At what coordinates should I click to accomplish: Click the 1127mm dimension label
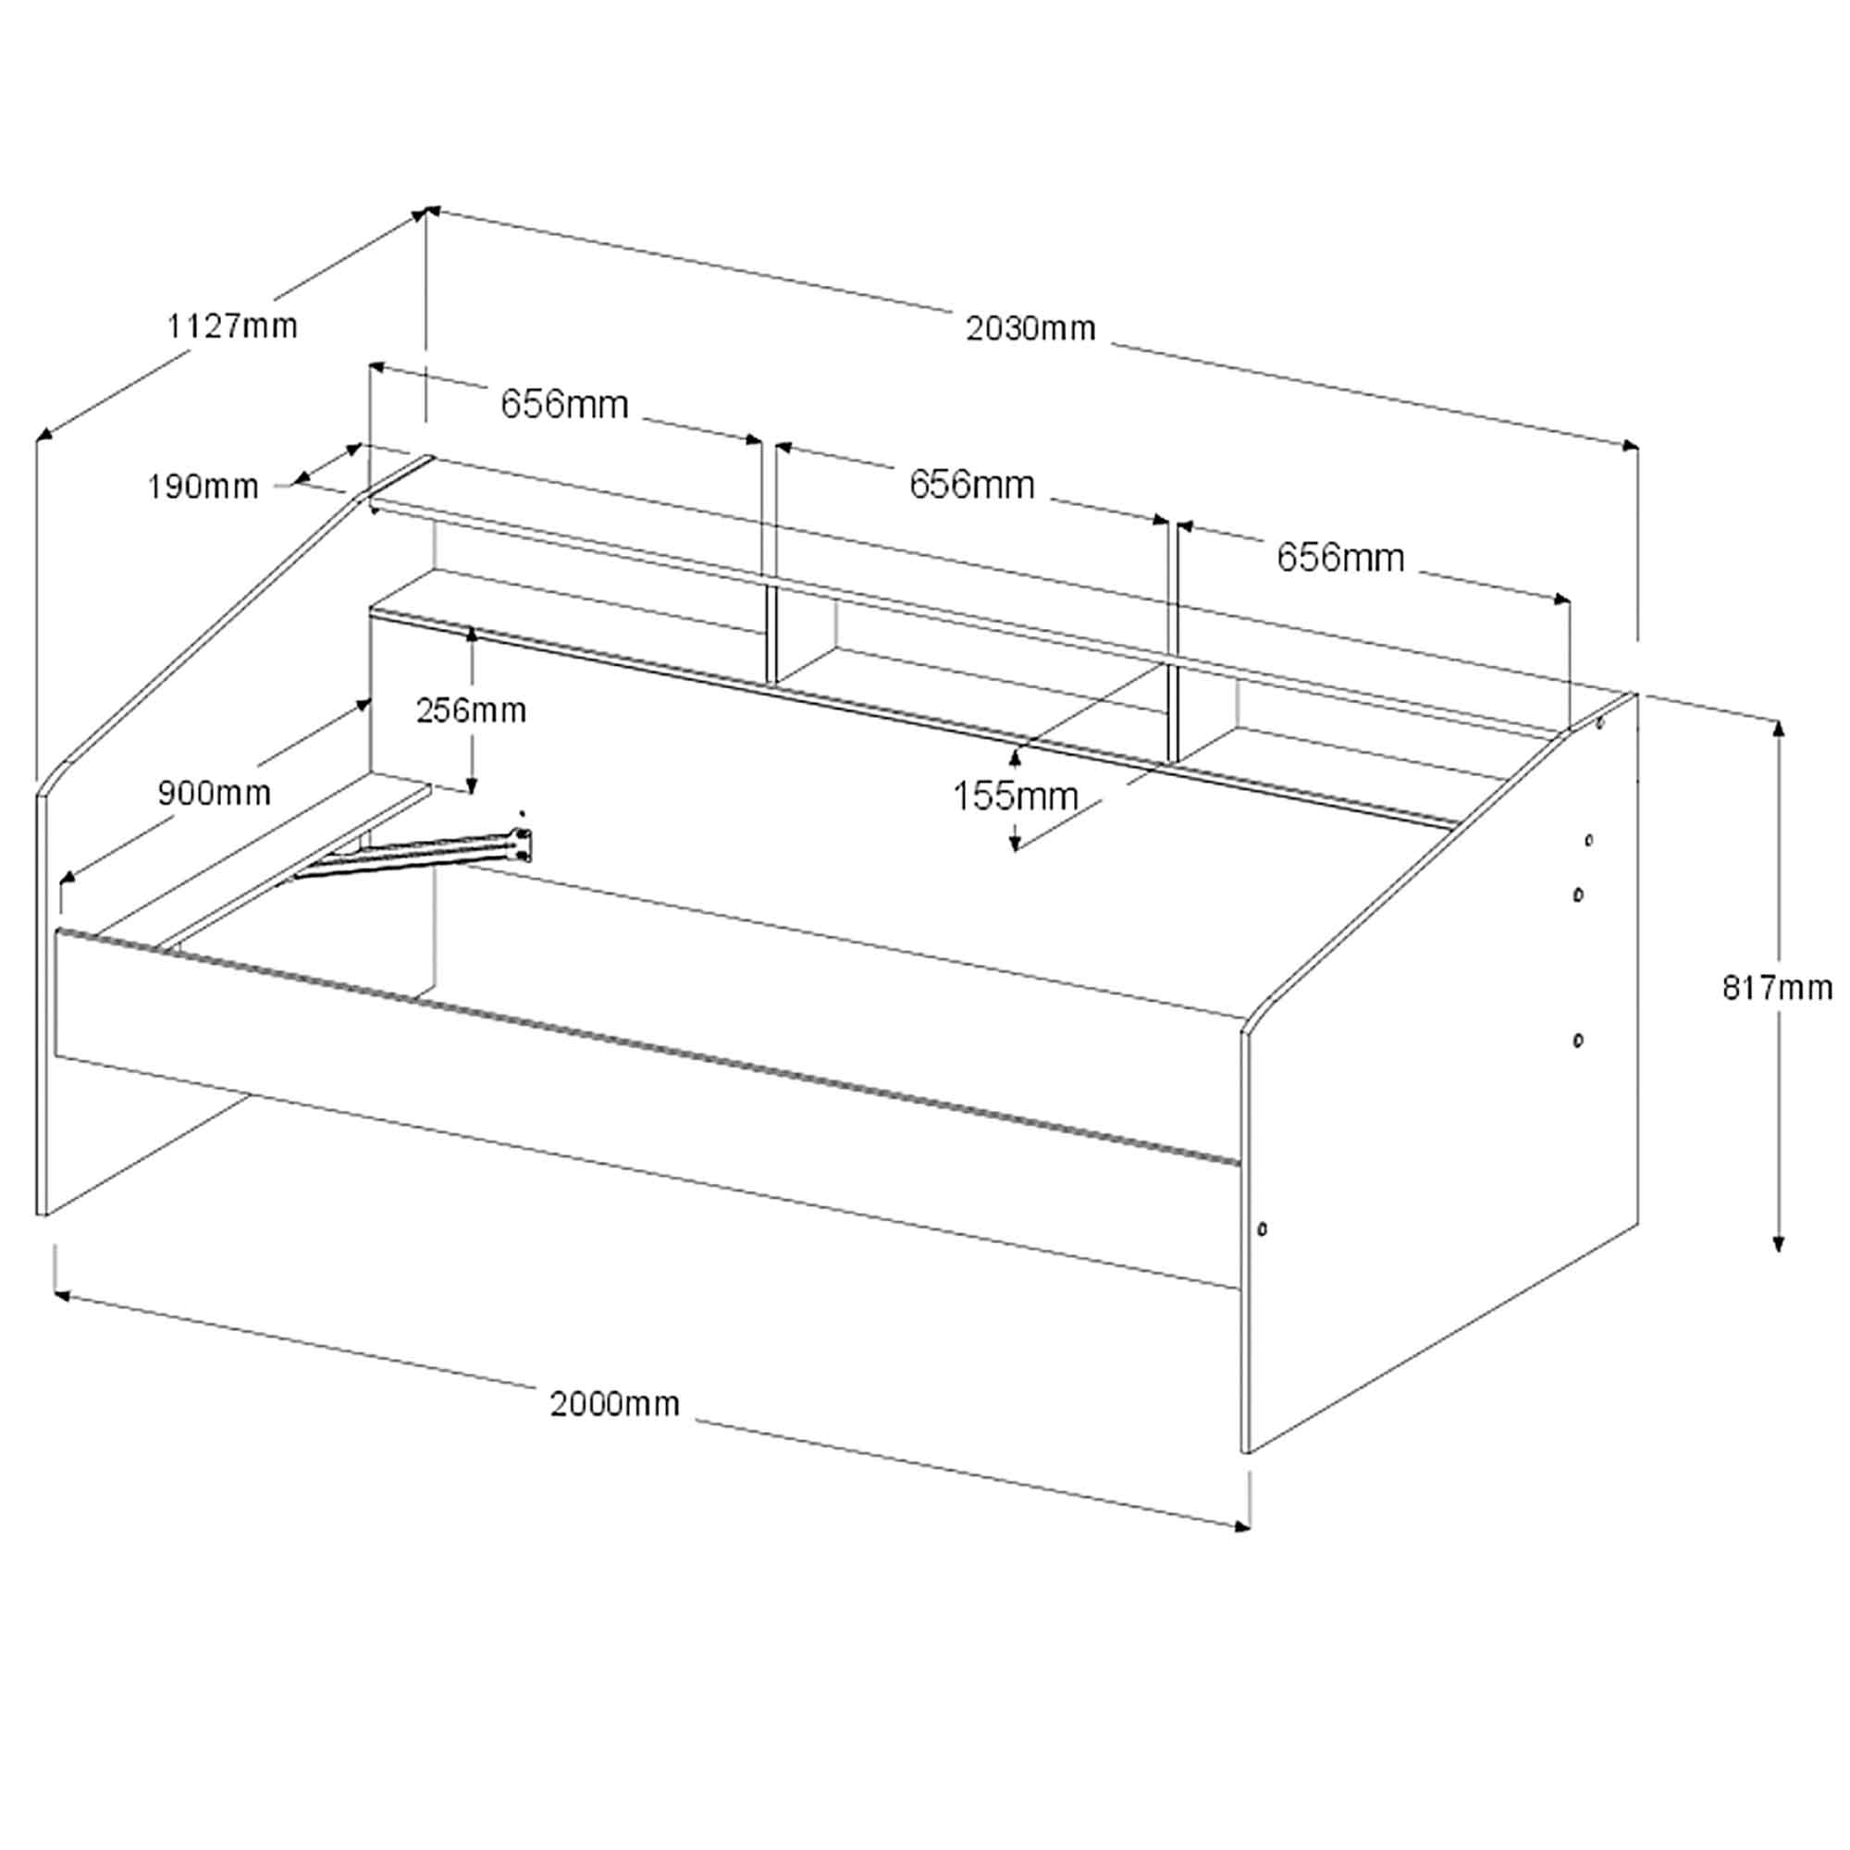(233, 327)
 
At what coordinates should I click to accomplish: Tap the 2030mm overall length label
(1030, 329)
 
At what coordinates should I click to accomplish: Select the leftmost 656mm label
(565, 405)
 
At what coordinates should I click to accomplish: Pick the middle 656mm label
(972, 486)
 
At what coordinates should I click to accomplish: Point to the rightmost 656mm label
(1340, 557)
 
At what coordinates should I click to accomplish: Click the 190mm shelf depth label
(203, 487)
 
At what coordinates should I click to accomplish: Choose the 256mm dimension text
(471, 710)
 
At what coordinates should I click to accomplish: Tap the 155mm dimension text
(1015, 795)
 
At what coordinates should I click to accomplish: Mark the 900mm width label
(215, 793)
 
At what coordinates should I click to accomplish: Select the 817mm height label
(1777, 987)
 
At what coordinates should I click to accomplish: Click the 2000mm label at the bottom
(615, 1404)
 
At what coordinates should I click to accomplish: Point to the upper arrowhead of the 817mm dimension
(1778, 730)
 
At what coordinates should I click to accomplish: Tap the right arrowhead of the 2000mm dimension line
(1242, 1526)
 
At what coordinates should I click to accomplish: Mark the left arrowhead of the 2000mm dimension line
(62, 1296)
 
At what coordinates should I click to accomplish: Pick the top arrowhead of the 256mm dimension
(471, 635)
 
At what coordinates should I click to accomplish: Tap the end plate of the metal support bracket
(523, 845)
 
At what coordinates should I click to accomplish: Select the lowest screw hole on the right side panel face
(1578, 1040)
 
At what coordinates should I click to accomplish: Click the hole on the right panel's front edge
(1262, 1228)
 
